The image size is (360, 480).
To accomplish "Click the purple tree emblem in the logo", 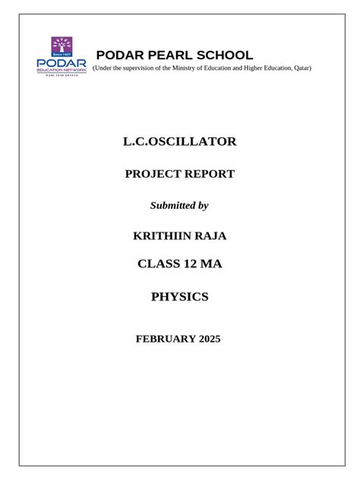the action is [x=62, y=47].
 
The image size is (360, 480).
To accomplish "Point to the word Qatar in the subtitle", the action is [x=298, y=68].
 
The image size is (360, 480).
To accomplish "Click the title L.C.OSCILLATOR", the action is [x=180, y=142].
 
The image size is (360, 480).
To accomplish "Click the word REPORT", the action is [x=209, y=175].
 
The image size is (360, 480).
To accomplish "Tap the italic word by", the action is [x=203, y=206].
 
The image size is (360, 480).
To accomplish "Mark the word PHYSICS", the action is [x=180, y=297].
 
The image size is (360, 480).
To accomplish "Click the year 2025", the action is [x=207, y=339].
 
